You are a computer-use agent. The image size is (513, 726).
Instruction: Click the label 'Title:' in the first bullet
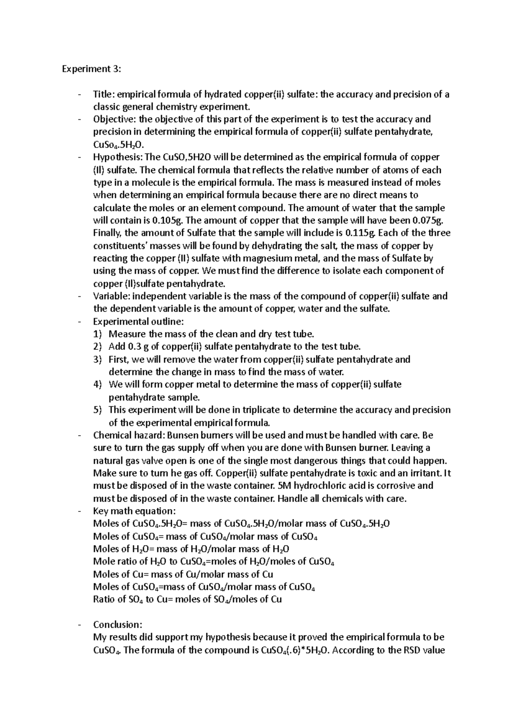104,94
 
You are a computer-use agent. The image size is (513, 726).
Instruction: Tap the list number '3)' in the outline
98,359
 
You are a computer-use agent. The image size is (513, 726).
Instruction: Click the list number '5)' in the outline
98,410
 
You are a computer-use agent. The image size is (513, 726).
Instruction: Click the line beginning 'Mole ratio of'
213,561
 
